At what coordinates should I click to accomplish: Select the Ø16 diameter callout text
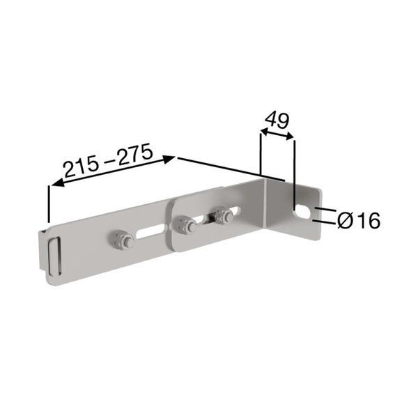(x=358, y=221)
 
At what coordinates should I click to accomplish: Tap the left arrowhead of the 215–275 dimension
(x=54, y=184)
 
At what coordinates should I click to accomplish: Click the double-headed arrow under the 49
(x=277, y=137)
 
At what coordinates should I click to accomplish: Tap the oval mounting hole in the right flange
(x=302, y=210)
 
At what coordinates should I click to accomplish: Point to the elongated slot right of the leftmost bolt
(x=150, y=232)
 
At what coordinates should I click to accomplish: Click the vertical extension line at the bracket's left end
(x=48, y=206)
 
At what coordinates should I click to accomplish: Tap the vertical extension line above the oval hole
(x=295, y=167)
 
